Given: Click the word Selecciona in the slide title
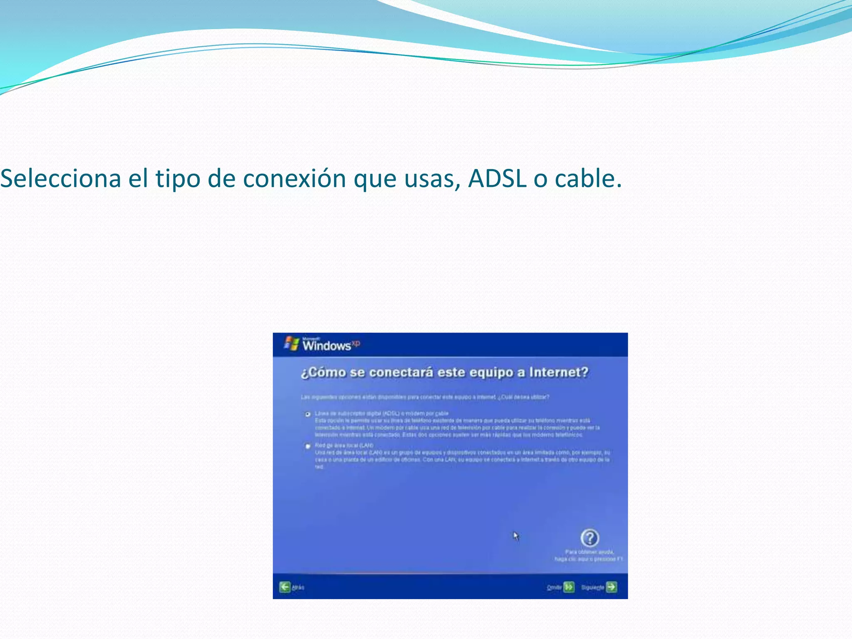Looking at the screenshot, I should [x=61, y=178].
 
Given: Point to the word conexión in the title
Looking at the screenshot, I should [x=294, y=178].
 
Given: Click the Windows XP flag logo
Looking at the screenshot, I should [x=292, y=343].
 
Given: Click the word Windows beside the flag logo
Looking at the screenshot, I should [x=327, y=346].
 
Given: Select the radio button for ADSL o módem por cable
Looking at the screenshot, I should [x=308, y=414].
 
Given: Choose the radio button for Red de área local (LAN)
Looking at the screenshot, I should [x=308, y=446].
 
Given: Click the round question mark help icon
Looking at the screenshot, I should [x=589, y=538].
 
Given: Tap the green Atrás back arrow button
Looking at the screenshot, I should [x=285, y=587].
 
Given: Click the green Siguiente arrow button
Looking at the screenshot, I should [x=612, y=587].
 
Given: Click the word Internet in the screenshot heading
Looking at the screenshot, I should [x=558, y=372].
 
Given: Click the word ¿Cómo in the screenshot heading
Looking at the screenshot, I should [x=323, y=372].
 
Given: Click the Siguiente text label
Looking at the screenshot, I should [x=592, y=587].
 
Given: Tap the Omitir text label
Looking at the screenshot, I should [x=554, y=587].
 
